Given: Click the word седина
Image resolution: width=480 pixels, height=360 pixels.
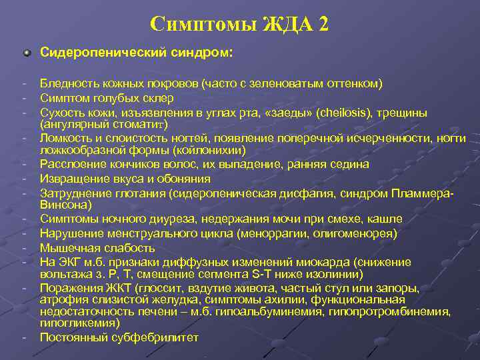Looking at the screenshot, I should tap(351, 165).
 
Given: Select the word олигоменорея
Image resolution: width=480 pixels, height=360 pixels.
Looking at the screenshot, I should tap(360, 233).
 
